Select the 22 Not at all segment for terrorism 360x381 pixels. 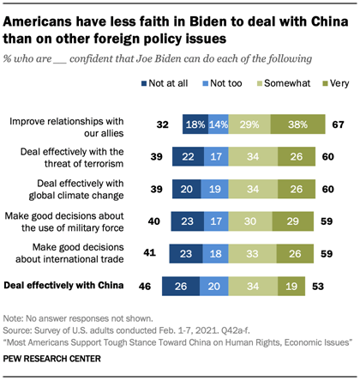(188, 155)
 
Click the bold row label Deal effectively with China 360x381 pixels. (69, 286)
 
